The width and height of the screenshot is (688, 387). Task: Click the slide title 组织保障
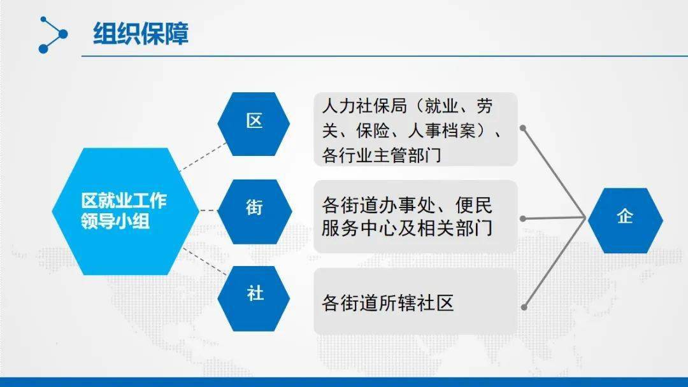coord(141,34)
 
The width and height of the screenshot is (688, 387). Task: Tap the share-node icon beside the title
coord(53,35)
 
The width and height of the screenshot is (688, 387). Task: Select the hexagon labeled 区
coord(254,124)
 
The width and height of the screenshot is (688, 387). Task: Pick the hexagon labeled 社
coord(254,299)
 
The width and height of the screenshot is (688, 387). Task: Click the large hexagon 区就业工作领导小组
coord(125,211)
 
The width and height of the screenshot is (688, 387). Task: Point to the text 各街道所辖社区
coord(387,303)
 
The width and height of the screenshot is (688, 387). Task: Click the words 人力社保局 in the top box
coord(364,106)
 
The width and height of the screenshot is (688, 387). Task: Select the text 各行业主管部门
coord(382,155)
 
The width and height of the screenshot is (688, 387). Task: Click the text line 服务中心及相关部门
coord(406,229)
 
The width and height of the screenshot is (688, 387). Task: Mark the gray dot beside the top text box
coord(523,128)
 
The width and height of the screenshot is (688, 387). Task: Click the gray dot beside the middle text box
coord(523,218)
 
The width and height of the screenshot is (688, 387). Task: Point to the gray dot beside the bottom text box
coord(524,307)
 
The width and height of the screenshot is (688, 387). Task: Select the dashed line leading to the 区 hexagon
coord(204,157)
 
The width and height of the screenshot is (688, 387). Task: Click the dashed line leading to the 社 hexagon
coord(204,262)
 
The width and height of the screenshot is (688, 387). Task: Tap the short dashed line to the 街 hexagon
coord(209,211)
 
